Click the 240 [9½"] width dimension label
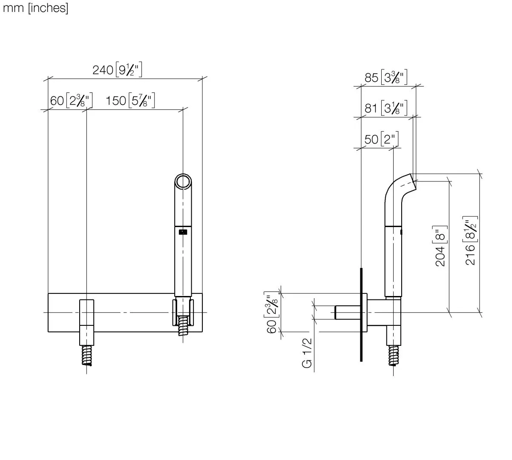[x=117, y=69]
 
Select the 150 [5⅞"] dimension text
[x=130, y=101]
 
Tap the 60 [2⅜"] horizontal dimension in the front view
[x=71, y=101]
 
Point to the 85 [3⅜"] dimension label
[x=385, y=77]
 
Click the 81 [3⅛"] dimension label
[x=385, y=108]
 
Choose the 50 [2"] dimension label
[x=381, y=139]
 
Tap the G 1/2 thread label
[x=307, y=353]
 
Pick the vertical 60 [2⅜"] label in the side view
[x=271, y=312]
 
